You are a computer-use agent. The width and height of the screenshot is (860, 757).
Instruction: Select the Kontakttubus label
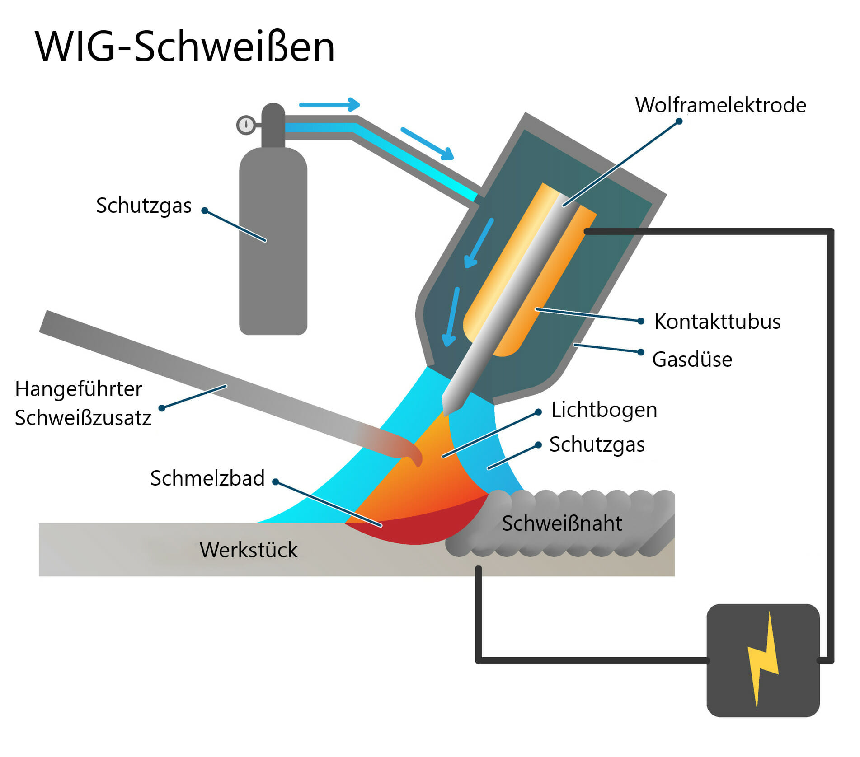coord(717,322)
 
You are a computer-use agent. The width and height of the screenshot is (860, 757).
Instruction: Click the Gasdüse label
coord(692,360)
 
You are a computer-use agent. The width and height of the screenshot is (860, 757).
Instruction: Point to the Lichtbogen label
coord(604,410)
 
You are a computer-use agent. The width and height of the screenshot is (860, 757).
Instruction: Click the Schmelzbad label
coord(207,478)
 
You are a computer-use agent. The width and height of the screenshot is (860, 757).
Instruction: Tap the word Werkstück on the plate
coord(249,550)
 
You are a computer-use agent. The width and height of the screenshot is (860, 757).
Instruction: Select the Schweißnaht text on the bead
coord(562,523)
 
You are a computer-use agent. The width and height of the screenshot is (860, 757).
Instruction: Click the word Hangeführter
coord(79,389)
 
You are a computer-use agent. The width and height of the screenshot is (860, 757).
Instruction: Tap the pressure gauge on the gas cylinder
coord(246,125)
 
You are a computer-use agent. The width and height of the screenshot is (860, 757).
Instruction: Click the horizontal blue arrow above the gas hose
coord(329,105)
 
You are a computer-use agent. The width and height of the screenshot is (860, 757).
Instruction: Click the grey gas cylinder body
coord(273,244)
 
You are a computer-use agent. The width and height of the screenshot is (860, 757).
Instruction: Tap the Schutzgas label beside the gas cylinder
coord(144,206)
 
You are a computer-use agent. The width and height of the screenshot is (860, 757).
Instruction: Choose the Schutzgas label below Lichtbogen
coord(597,444)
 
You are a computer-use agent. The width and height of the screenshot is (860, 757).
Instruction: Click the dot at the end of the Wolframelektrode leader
coord(679,121)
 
